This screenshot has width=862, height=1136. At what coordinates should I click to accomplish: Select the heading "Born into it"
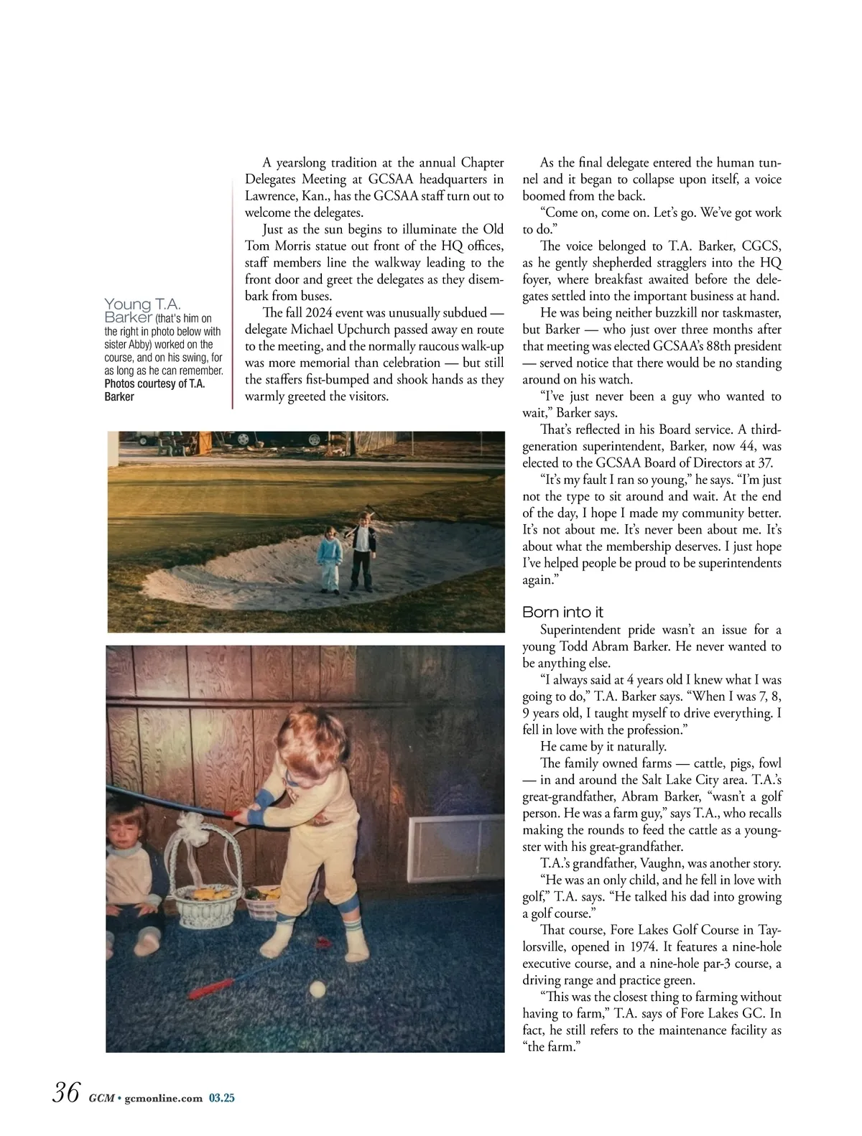click(x=562, y=613)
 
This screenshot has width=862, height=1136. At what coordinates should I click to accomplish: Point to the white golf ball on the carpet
click(x=317, y=990)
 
